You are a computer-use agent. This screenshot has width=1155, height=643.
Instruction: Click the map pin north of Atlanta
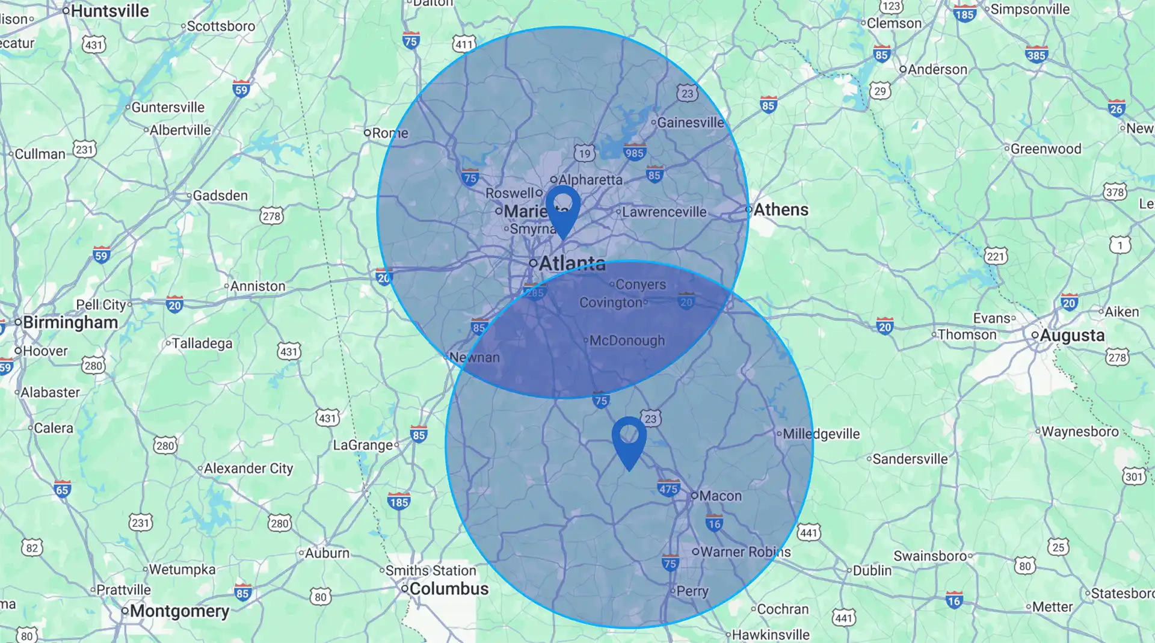(x=563, y=208)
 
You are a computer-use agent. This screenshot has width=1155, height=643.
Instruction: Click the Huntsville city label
(x=109, y=11)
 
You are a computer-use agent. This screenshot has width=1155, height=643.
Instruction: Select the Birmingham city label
(x=70, y=323)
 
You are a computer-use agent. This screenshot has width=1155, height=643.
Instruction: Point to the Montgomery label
(x=179, y=611)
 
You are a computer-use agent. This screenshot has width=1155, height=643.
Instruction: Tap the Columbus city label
(x=449, y=589)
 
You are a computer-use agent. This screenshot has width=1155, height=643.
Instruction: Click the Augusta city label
(x=1072, y=336)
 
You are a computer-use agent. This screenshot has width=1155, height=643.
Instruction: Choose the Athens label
(x=781, y=210)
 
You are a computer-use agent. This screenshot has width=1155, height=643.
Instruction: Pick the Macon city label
(x=720, y=496)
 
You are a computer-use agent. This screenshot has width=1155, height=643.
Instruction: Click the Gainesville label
(x=691, y=123)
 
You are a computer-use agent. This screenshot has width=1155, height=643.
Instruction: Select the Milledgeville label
(x=821, y=434)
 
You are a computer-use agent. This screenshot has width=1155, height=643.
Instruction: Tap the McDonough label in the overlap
(x=627, y=341)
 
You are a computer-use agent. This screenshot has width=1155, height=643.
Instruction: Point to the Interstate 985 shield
(x=634, y=152)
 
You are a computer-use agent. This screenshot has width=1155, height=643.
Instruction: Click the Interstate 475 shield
(x=668, y=488)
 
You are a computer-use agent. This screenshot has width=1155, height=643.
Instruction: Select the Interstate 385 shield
(x=1036, y=55)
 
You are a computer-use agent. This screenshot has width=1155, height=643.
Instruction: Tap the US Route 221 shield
(x=996, y=256)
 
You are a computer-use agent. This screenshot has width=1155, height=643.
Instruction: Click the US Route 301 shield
(x=1134, y=477)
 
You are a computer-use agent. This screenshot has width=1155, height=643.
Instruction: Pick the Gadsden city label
(x=220, y=196)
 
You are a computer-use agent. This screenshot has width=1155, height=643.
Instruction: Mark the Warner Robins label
(x=745, y=552)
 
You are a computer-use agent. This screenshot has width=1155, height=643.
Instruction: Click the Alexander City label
(x=248, y=469)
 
